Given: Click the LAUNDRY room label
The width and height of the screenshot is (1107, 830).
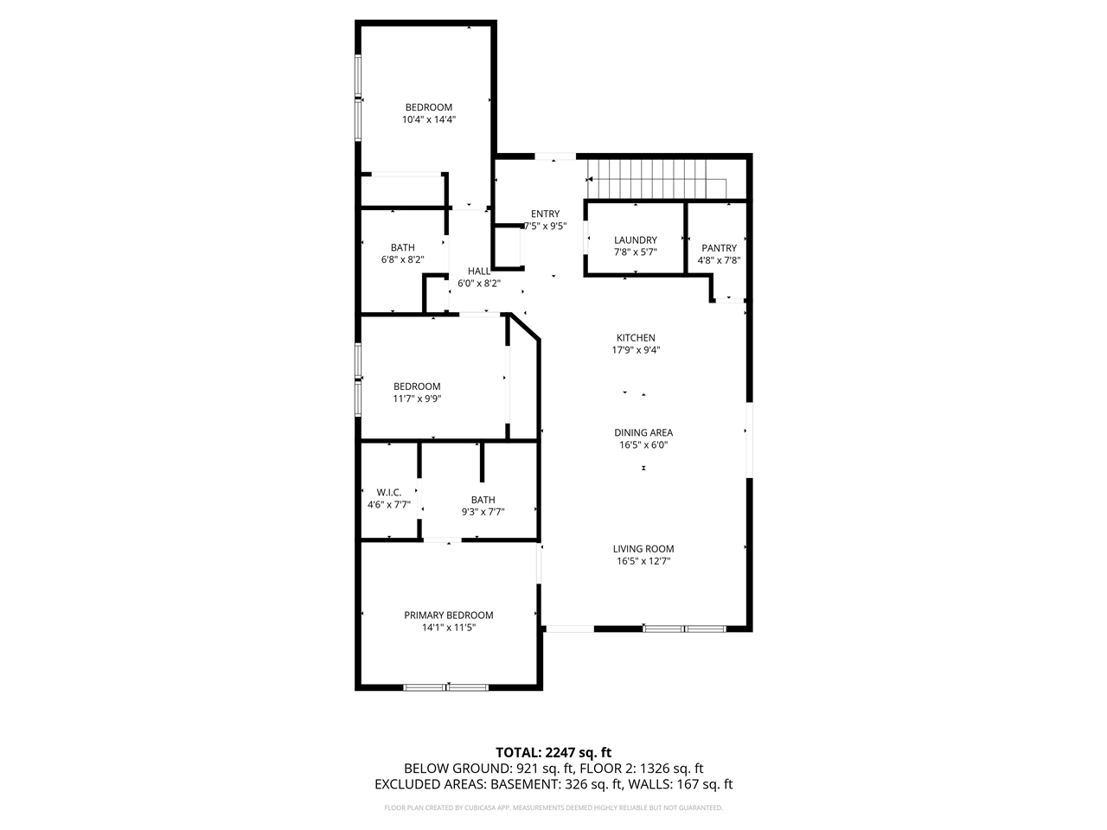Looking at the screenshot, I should pyautogui.click(x=636, y=240).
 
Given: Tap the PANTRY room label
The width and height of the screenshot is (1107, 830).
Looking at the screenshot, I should pyautogui.click(x=719, y=248).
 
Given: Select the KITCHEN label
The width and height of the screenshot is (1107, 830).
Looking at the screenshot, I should pyautogui.click(x=636, y=338).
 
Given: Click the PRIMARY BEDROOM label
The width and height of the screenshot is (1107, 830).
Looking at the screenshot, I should pyautogui.click(x=449, y=616).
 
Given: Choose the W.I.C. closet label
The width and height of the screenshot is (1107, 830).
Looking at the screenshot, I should pyautogui.click(x=389, y=492).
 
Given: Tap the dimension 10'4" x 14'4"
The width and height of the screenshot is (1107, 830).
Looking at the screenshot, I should pyautogui.click(x=429, y=120).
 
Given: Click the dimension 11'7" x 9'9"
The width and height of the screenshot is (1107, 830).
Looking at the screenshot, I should pyautogui.click(x=417, y=399).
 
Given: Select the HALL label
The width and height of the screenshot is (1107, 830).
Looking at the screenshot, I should pyautogui.click(x=479, y=271).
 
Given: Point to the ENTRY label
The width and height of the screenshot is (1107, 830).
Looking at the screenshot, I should pyautogui.click(x=545, y=214).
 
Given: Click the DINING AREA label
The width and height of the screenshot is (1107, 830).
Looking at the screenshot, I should pyautogui.click(x=643, y=433).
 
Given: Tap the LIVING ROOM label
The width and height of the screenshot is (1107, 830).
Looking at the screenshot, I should pyautogui.click(x=643, y=549).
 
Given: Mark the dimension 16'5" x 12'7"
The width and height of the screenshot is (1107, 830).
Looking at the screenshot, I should pyautogui.click(x=643, y=561).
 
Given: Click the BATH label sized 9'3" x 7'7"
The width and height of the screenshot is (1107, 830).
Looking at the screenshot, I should pyautogui.click(x=483, y=500).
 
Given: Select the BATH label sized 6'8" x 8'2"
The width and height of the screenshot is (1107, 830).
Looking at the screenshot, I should pyautogui.click(x=402, y=247).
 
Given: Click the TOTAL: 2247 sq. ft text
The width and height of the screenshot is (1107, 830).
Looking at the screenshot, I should pyautogui.click(x=553, y=752).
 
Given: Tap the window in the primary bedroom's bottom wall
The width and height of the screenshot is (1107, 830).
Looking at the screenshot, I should pyautogui.click(x=446, y=687).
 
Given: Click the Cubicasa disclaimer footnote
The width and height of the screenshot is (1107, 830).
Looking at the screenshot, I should pyautogui.click(x=553, y=808).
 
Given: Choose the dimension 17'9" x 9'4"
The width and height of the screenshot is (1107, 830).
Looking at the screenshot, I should pyautogui.click(x=636, y=350).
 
